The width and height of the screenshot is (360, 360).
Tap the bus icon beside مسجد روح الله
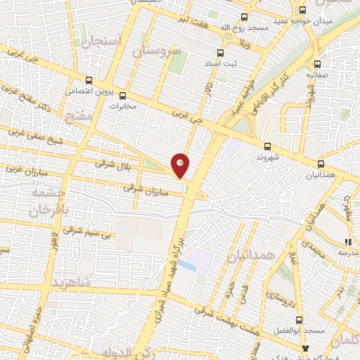245,17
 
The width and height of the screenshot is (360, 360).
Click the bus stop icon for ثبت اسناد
221,53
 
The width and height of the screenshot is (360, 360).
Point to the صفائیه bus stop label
318,72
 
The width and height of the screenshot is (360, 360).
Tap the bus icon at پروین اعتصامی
89,81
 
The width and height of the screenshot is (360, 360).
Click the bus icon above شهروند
267,146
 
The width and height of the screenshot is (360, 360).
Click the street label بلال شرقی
113,165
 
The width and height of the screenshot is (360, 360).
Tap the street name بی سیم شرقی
87,233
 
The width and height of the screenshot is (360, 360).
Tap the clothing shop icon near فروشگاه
304,348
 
